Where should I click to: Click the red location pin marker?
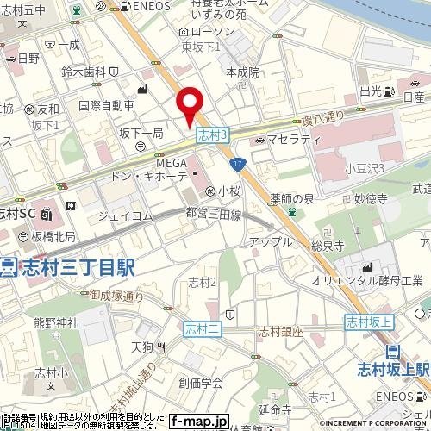click(190, 105)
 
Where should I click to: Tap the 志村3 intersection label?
click(212, 135)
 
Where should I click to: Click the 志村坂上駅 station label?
click(394, 369)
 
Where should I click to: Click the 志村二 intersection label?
click(203, 328)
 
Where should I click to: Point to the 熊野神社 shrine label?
click(55, 322)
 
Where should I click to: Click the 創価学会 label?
click(201, 383)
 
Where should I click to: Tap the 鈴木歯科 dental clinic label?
click(84, 72)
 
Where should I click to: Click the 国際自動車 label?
click(106, 105)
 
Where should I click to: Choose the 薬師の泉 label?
click(295, 197)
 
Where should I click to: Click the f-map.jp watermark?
click(199, 422)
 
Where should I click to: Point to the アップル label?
click(270, 242)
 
